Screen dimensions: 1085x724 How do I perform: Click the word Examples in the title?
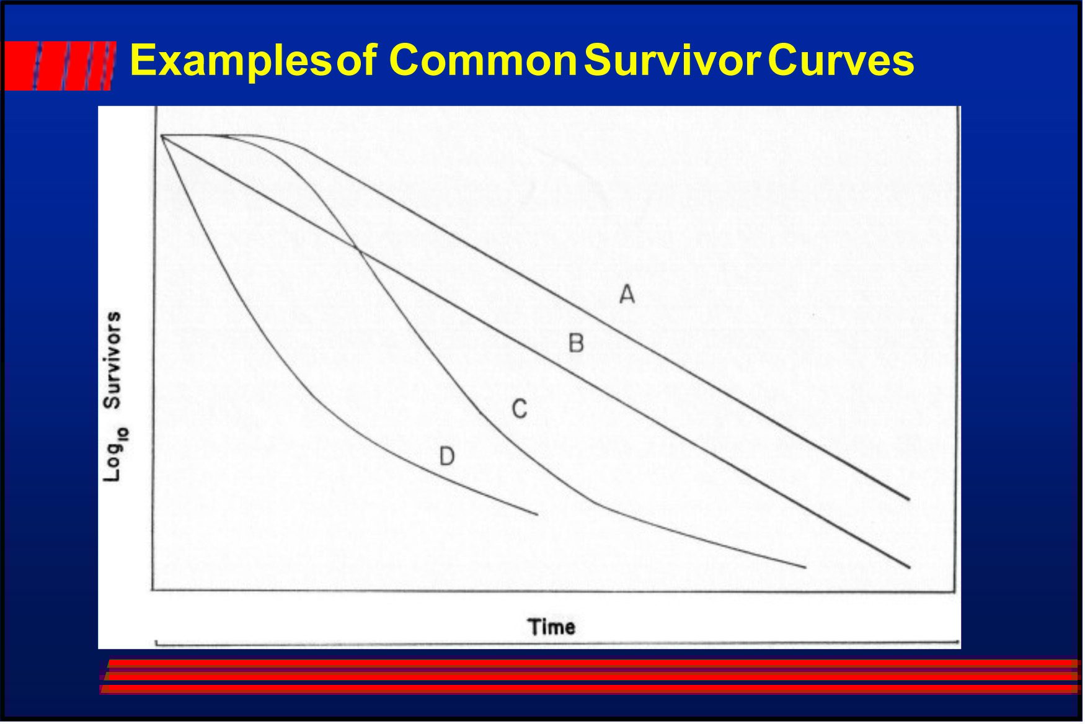pos(231,61)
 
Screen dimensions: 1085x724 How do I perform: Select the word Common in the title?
pos(484,60)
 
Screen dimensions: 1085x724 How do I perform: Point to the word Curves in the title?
pos(841,60)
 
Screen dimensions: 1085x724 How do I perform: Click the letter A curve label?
pos(627,293)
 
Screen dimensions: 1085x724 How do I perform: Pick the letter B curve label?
pos(576,342)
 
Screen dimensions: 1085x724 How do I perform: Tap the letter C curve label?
pos(520,409)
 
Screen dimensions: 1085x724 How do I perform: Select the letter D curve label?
pos(447,457)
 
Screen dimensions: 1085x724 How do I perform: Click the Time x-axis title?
pos(552,627)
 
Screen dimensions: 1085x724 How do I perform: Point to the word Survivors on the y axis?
pos(112,360)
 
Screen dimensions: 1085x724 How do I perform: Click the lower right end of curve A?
pos(909,499)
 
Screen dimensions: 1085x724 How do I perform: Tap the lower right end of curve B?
pos(910,568)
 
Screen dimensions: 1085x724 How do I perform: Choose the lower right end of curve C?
pos(806,567)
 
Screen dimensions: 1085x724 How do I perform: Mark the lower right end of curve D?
pos(538,514)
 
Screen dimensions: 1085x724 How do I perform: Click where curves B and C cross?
pos(358,249)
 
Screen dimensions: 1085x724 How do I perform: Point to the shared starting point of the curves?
pos(161,135)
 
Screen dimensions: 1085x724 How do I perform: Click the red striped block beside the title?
pos(60,66)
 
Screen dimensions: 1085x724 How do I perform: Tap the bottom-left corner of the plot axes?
pos(153,590)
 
